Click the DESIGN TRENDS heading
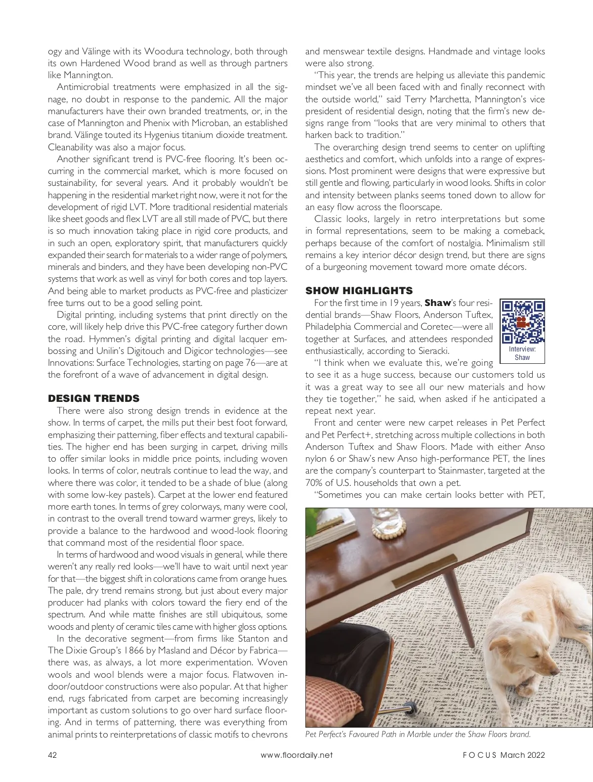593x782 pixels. click(93, 398)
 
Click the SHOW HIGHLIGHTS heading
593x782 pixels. click(359, 291)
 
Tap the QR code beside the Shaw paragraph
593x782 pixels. click(523, 321)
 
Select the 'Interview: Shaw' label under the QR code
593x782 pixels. click(522, 353)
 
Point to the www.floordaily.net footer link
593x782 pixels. click(296, 755)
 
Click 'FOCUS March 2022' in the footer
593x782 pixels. click(504, 755)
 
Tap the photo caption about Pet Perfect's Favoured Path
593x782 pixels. click(418, 735)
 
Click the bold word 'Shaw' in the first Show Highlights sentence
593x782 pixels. click(437, 303)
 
